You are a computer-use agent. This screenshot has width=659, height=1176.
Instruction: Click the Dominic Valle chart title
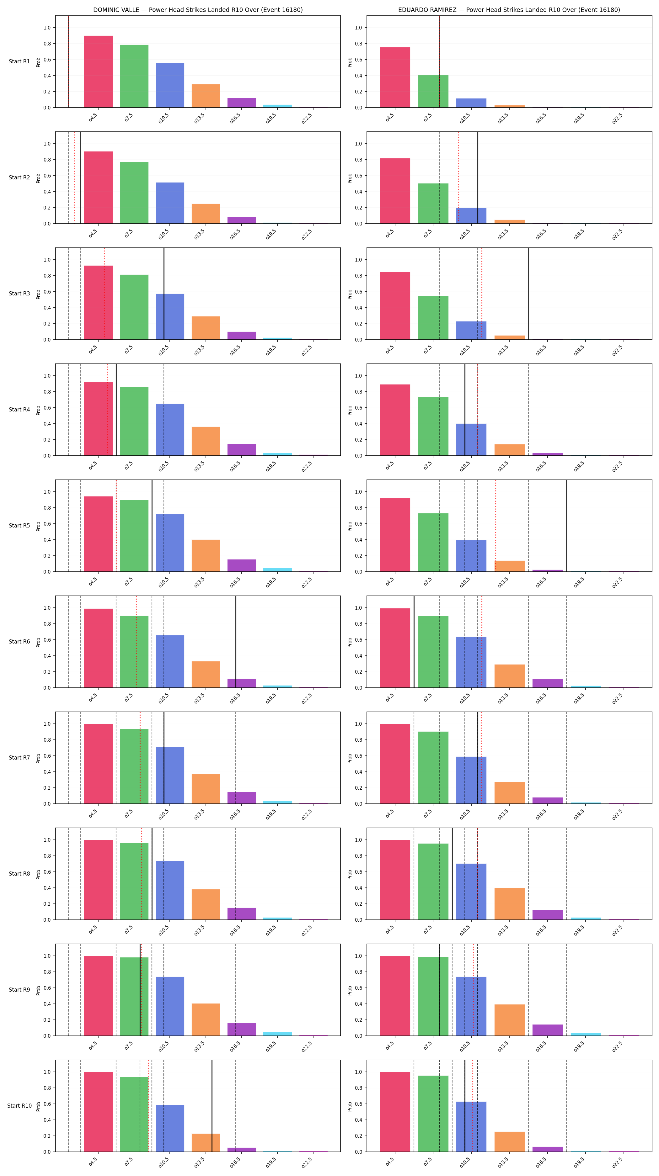click(x=198, y=10)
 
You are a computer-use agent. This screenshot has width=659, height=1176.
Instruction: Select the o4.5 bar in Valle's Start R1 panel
click(x=98, y=72)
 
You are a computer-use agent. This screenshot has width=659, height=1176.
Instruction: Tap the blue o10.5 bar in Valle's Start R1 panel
click(x=170, y=85)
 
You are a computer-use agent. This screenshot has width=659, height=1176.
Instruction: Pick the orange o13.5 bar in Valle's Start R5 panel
click(x=206, y=556)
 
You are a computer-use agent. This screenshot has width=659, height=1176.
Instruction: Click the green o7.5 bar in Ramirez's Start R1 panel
click(x=433, y=91)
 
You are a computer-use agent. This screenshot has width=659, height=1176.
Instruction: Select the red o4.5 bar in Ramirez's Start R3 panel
click(x=395, y=306)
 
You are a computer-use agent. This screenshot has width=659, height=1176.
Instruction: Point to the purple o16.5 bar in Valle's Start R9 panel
click(x=242, y=1030)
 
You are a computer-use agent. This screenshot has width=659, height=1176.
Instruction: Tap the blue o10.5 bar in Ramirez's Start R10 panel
click(x=471, y=1127)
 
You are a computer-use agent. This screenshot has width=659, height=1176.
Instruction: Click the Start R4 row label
click(x=19, y=410)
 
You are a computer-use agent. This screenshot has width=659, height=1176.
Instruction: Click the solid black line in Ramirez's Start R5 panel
click(x=567, y=526)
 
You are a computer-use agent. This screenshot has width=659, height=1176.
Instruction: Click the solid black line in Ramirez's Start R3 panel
click(x=528, y=294)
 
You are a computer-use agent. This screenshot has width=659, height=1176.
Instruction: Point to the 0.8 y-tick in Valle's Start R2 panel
click(x=47, y=160)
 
